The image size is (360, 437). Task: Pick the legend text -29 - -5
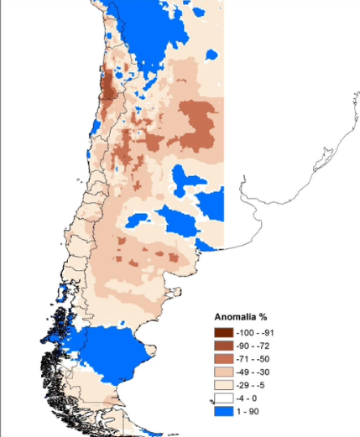[253, 386]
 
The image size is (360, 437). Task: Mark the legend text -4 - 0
[249, 399]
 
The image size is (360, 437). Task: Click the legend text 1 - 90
[250, 413]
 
